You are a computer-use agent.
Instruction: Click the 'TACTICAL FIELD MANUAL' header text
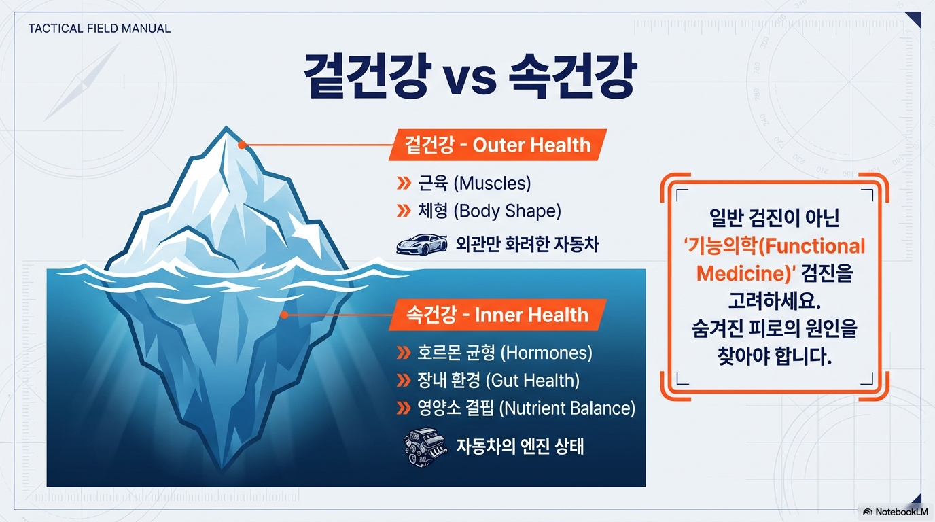pos(99,29)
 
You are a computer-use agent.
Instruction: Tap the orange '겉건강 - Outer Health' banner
pos(497,145)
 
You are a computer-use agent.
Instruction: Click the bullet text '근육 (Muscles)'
pos(474,183)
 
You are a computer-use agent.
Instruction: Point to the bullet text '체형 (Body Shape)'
pos(489,211)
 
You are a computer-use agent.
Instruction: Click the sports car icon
pos(421,244)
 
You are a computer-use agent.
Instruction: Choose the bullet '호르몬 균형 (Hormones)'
pos(504,353)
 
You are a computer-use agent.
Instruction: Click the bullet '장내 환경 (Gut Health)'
pos(498,381)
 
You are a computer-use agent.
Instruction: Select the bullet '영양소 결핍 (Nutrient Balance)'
pos(525,408)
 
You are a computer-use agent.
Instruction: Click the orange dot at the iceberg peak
pos(241,145)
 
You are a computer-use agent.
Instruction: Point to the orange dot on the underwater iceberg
pos(284,315)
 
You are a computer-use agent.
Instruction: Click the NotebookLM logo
pos(894,511)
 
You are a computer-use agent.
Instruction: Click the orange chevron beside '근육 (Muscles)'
pos(404,183)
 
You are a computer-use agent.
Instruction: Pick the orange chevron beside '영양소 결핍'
pos(404,408)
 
